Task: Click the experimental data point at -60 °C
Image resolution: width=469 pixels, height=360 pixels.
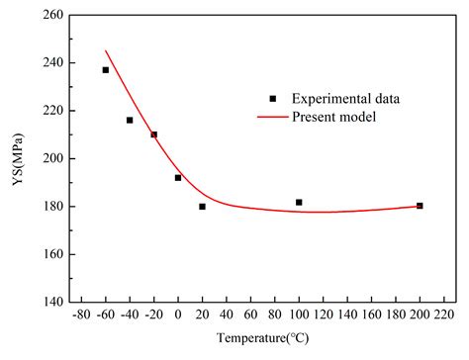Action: (x=106, y=70)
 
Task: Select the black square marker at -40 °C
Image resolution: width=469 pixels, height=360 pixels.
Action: (x=130, y=121)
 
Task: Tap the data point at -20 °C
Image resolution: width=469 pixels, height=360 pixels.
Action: (x=153, y=135)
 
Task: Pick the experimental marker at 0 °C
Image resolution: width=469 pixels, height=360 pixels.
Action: (x=178, y=178)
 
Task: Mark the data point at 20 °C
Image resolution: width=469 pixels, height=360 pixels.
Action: (x=202, y=207)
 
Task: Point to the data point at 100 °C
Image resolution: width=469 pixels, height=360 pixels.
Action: (x=299, y=203)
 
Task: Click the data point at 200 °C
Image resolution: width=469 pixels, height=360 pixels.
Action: (x=420, y=206)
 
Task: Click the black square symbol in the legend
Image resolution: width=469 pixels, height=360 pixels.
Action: (x=271, y=98)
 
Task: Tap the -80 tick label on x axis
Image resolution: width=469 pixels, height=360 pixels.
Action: (x=81, y=315)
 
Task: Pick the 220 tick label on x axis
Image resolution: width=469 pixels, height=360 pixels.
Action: (x=443, y=315)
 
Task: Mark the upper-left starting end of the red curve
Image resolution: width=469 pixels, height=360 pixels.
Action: (x=106, y=51)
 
